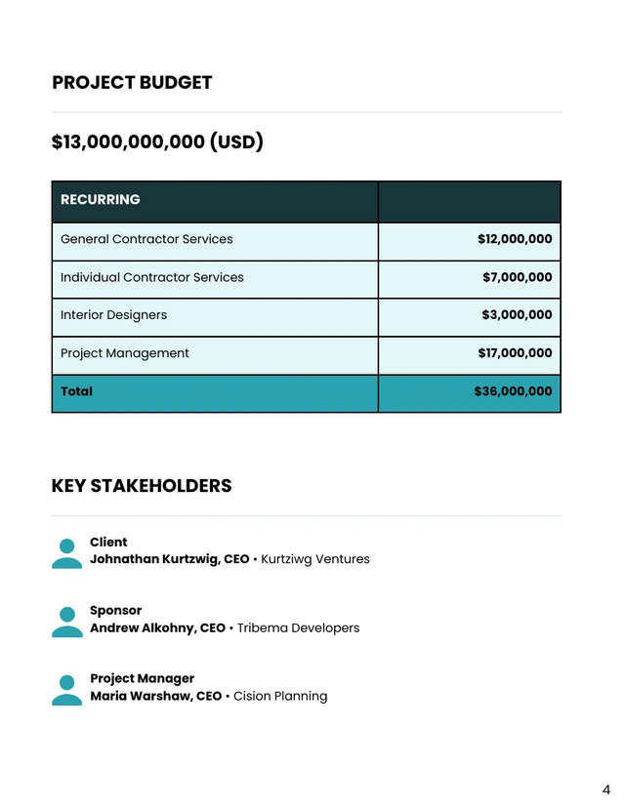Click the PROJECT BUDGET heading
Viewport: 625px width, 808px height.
point(132,83)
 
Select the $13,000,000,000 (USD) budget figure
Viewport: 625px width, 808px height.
point(157,142)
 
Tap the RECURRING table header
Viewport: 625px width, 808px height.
point(101,200)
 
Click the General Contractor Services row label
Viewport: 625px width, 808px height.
point(146,239)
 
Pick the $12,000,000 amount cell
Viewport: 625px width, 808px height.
point(515,239)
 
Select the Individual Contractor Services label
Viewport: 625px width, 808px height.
point(152,277)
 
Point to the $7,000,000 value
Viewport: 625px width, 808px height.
point(517,277)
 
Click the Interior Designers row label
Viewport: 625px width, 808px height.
point(113,315)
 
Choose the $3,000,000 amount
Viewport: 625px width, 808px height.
point(517,315)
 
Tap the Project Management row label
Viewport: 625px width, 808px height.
point(125,353)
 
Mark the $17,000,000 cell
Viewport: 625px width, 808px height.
point(515,353)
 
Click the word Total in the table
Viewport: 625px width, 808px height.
point(77,391)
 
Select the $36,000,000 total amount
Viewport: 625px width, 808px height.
point(513,391)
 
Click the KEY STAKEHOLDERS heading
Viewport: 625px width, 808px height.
point(142,486)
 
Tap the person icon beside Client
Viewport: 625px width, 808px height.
point(66,552)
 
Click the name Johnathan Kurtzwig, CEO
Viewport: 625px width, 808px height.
point(170,560)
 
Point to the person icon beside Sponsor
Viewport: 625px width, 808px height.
point(66,621)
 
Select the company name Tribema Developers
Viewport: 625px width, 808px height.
point(298,628)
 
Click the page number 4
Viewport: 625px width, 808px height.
point(605,790)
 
